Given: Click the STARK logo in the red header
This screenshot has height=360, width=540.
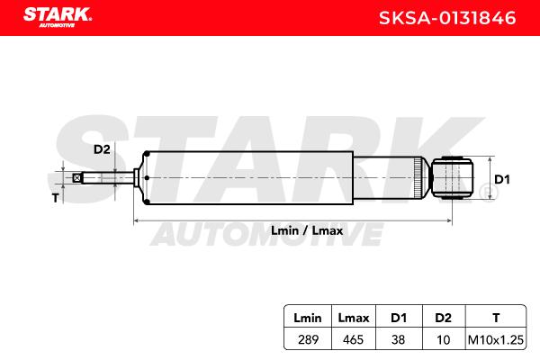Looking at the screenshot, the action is (58, 17).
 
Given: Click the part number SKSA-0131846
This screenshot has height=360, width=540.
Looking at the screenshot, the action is (447, 18).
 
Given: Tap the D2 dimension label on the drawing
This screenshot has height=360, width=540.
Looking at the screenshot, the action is (102, 149).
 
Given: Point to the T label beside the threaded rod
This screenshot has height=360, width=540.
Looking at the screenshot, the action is (56, 198).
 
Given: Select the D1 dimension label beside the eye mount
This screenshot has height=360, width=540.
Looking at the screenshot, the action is (502, 179).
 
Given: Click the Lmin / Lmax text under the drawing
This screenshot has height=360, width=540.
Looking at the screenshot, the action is (307, 230).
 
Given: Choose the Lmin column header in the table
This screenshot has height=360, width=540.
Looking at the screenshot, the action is (308, 318).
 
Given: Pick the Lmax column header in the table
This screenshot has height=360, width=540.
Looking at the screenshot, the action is (354, 318).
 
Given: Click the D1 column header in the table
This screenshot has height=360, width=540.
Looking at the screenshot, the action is (399, 318).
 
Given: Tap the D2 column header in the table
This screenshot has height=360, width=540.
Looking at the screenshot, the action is (443, 318).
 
